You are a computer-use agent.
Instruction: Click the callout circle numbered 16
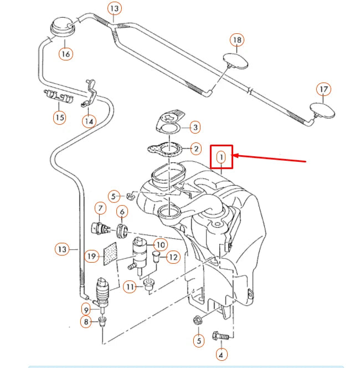tap(66, 54)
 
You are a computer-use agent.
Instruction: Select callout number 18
tap(237, 40)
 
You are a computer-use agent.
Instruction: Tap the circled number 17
tap(323, 89)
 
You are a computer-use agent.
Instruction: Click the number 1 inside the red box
tap(221, 157)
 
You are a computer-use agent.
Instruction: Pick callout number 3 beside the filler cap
tap(195, 128)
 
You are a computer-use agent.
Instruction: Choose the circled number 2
tap(195, 149)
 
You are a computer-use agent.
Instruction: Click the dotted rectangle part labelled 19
tap(109, 254)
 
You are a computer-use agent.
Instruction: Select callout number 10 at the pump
tap(160, 244)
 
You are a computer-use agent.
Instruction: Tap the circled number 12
tap(173, 257)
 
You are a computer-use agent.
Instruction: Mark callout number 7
tap(100, 208)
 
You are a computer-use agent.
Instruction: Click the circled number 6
tap(122, 211)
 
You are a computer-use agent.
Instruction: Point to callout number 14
tap(89, 120)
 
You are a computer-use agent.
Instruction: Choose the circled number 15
tap(59, 117)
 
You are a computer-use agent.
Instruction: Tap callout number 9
tap(86, 309)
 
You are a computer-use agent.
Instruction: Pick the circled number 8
tap(86, 321)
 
